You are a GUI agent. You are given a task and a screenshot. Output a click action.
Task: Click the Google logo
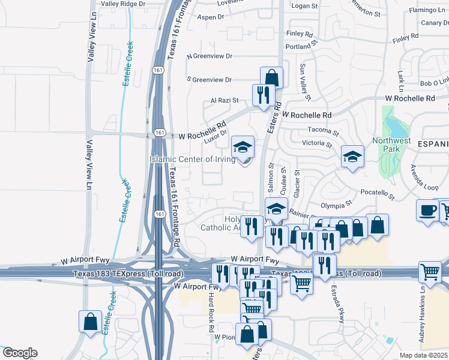(19, 353)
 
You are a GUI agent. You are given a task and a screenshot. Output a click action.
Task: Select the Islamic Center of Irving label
(192, 159)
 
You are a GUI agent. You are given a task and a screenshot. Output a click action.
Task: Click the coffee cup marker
(428, 211)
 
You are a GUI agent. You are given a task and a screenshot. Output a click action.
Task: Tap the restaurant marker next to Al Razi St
(264, 95)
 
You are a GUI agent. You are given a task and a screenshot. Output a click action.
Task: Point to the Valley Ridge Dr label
(123, 4)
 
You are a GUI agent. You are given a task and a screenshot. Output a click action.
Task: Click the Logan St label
(304, 6)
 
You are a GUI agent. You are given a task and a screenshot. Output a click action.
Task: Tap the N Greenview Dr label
(209, 56)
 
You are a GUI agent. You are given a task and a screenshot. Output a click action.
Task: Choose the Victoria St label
(317, 144)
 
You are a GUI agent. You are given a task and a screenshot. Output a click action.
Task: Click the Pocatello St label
(378, 193)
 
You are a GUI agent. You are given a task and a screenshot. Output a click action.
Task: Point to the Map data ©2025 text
(424, 355)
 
